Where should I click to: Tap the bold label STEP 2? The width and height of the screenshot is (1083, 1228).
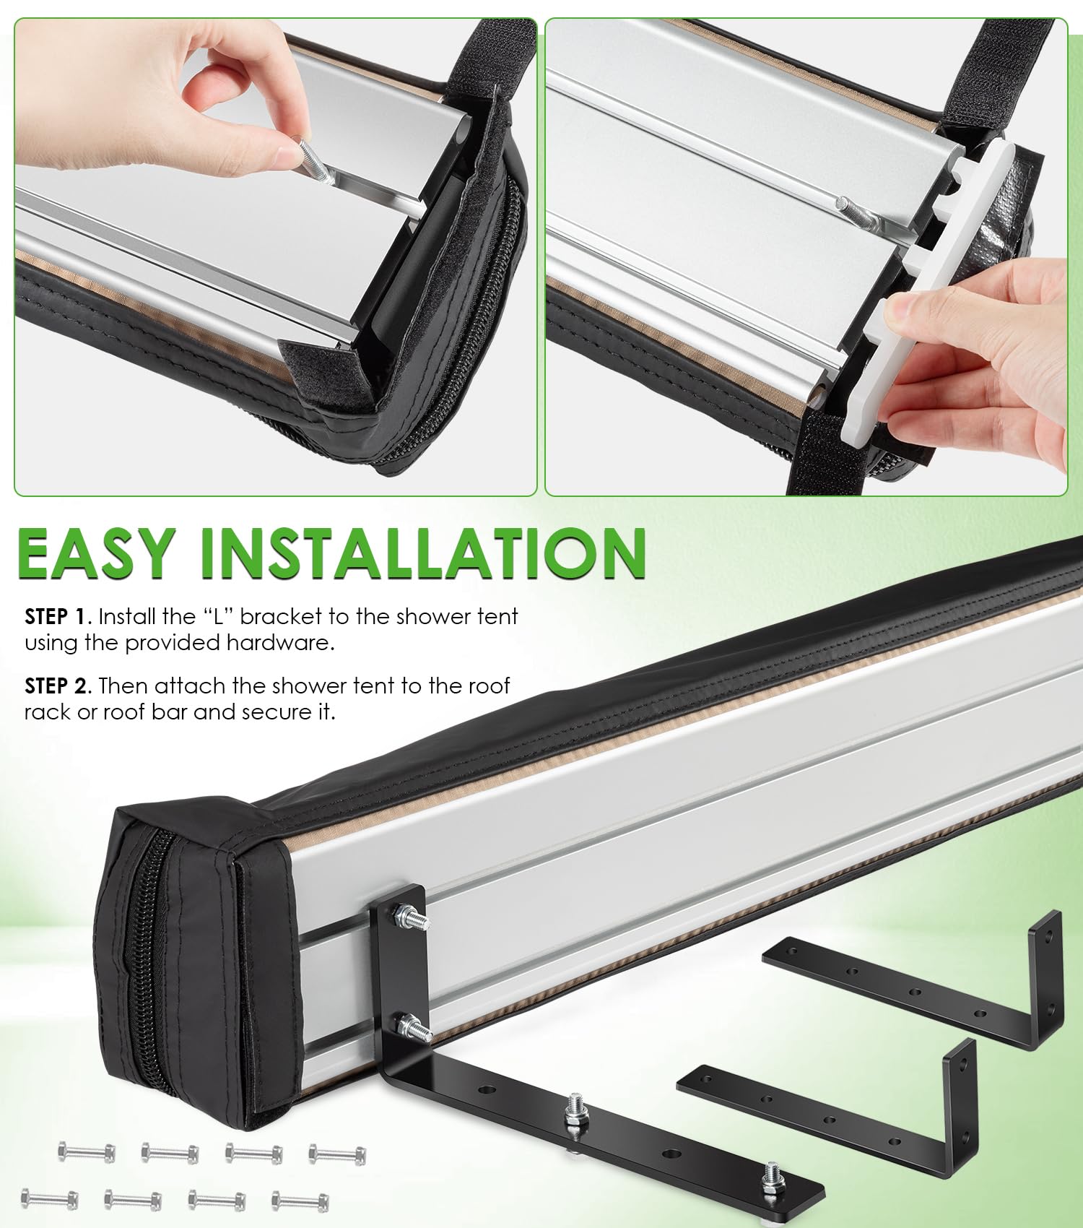pos(58,686)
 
